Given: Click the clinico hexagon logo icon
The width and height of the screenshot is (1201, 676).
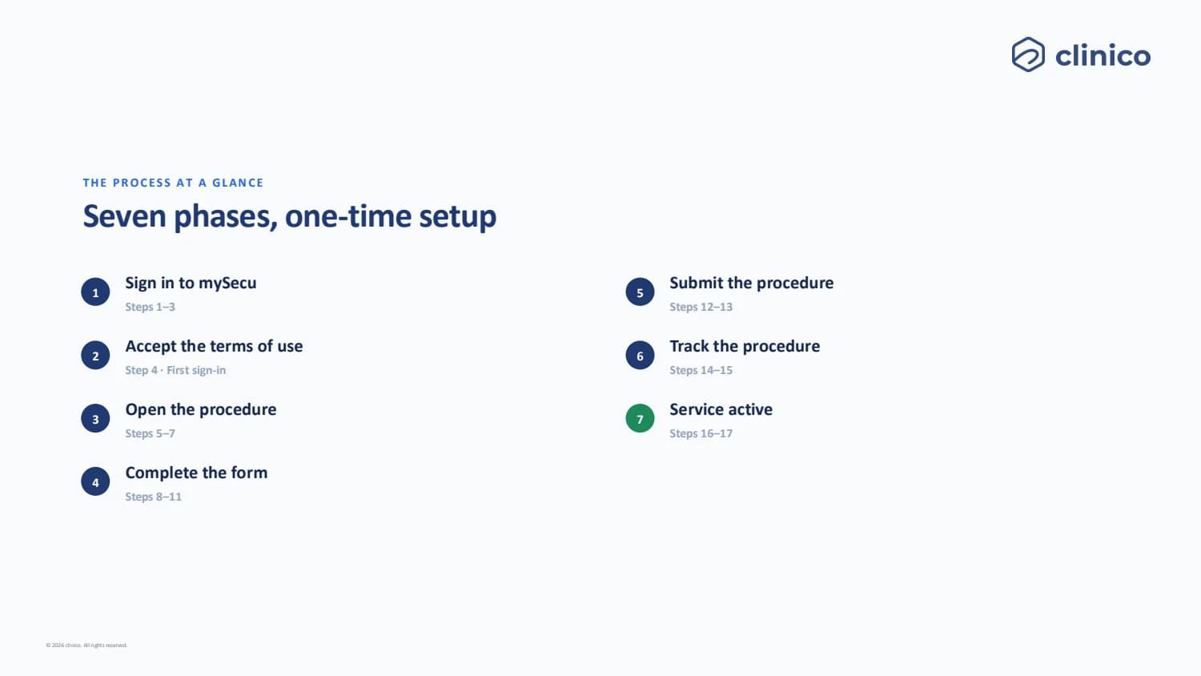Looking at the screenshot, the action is point(1028,54).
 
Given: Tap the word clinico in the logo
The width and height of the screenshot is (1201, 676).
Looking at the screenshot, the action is point(1103,56).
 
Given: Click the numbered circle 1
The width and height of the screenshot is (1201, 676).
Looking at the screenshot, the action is point(95,292).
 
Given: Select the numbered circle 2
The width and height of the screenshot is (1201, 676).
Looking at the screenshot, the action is point(95,355).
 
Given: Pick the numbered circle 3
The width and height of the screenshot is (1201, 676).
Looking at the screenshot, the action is point(95,418).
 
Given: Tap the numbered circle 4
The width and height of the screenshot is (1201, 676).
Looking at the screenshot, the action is point(95,482).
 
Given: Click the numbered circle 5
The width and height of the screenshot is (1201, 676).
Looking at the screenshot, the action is point(640,292).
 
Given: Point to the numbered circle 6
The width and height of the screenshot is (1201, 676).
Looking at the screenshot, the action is point(640,355).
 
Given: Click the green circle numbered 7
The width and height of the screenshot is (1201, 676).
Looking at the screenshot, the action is point(640,418).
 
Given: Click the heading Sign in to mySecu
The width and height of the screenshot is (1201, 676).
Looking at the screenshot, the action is point(191,284).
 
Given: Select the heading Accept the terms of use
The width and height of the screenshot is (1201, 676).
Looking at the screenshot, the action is point(214,346).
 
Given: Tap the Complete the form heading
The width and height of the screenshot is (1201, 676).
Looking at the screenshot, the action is point(196,473).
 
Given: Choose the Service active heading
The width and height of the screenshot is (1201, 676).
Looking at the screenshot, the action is point(721,409).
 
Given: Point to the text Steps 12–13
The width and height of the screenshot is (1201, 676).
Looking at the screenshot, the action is point(701,307).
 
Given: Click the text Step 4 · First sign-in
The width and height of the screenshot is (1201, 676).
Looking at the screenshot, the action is point(175,370).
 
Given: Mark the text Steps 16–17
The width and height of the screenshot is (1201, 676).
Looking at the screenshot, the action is point(701,433).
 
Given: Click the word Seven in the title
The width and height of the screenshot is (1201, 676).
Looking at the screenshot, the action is point(124,216).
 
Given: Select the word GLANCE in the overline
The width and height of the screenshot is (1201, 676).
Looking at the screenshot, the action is point(238,183).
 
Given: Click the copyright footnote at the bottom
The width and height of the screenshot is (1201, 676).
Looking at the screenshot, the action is point(86,646).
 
